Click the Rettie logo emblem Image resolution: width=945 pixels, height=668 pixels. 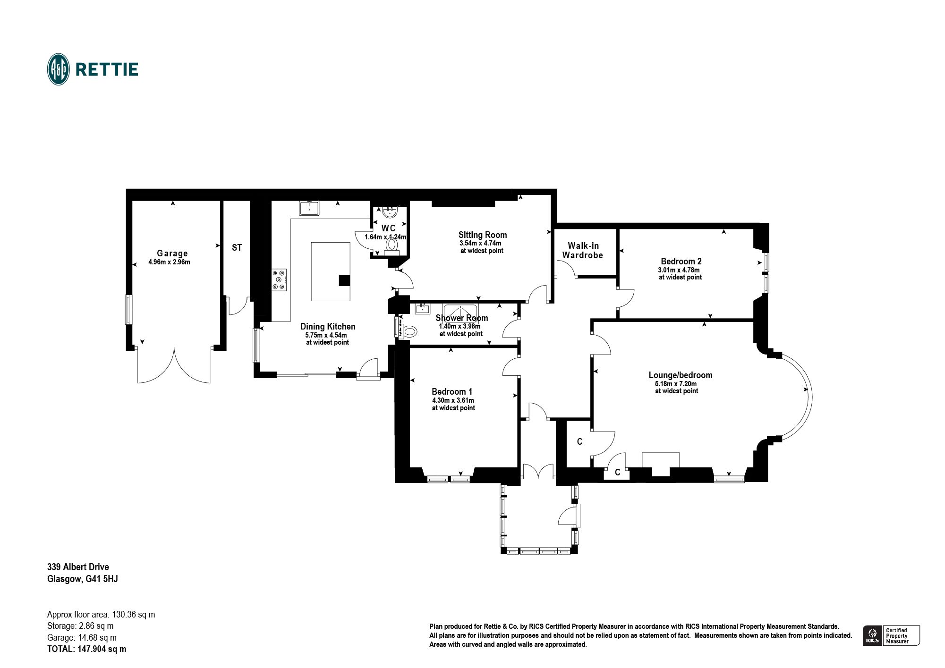coord(59,69)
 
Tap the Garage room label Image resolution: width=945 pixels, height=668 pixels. coord(172,254)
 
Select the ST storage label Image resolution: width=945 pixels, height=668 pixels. coord(237,247)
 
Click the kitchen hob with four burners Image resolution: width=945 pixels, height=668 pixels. coord(279,279)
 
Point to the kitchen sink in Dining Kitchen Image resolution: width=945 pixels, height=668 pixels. coord(309,208)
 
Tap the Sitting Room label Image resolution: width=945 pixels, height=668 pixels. coord(483,235)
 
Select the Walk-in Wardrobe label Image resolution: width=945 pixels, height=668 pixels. coord(583,250)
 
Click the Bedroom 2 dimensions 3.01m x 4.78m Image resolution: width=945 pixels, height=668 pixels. coord(679,270)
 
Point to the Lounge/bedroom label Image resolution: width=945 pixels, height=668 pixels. coord(681,375)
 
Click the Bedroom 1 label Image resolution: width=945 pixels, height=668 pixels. coord(452,391)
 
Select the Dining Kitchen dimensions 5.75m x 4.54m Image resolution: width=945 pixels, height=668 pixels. coord(326,335)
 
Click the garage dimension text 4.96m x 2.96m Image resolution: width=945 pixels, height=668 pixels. coord(169,262)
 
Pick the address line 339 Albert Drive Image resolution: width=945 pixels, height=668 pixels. coord(78,567)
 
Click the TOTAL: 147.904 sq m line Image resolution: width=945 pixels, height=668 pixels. coord(87,649)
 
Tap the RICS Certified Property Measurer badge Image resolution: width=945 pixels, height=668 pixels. coord(891,635)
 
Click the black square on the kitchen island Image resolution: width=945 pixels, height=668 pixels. coord(344,280)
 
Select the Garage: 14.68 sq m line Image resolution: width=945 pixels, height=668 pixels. coord(82,637)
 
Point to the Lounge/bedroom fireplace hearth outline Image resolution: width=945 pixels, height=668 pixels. coord(661,460)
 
